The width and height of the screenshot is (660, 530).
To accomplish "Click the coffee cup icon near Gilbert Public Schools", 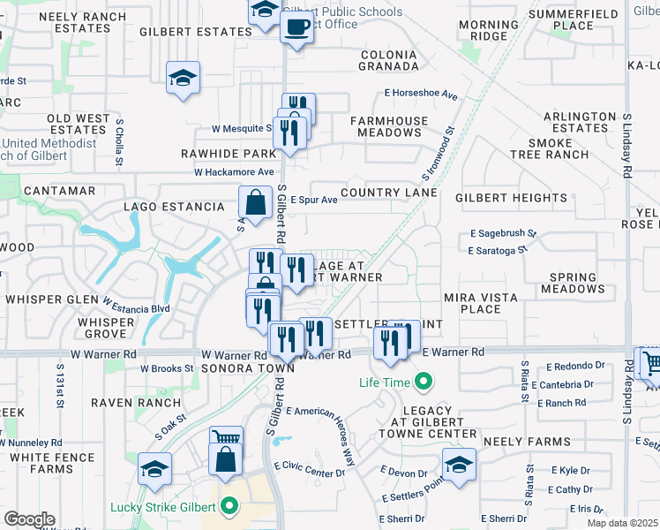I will [296, 27].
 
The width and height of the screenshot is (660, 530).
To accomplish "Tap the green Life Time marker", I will [424, 382].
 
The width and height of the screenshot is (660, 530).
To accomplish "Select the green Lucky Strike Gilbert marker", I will [230, 507].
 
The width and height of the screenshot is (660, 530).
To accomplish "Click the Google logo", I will [29, 519].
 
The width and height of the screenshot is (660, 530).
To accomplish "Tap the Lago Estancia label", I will [175, 207].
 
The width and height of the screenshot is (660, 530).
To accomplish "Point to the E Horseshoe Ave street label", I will [421, 95].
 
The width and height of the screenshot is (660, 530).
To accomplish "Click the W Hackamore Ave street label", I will [235, 172].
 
